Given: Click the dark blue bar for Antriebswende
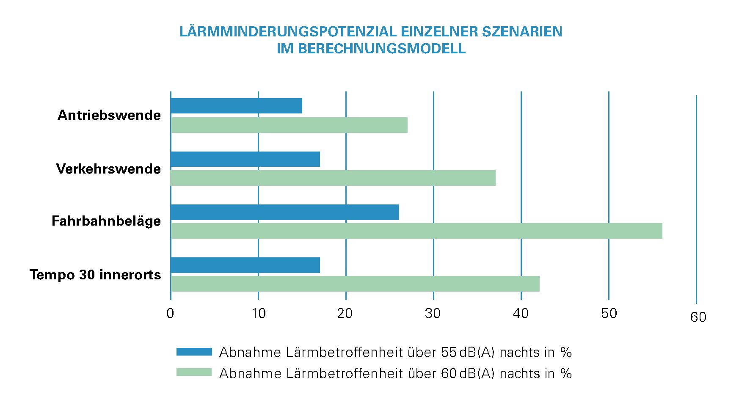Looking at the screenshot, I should point(236,106).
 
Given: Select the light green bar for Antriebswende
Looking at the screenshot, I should point(289,125).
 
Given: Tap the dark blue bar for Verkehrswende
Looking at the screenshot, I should point(245,159).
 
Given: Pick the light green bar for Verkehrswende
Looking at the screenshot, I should point(333,178).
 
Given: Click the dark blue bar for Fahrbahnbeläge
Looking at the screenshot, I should point(284,212).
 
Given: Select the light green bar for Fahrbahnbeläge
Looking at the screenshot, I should point(416,231).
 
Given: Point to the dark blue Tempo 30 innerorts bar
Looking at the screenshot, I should point(245,265).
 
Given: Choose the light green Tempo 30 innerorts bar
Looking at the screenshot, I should point(355,284).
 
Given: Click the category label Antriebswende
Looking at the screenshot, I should point(109,115).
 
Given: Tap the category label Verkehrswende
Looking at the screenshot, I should point(108,169).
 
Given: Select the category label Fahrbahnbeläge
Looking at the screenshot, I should point(106,221).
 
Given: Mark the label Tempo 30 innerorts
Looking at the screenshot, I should point(95,275).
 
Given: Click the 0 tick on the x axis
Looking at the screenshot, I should point(171,313).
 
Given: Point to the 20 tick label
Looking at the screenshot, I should point(345,313).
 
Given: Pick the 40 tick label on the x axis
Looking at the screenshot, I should point(521,313).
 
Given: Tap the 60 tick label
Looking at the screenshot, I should point(698,317).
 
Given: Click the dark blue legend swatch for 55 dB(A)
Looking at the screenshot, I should point(193,352).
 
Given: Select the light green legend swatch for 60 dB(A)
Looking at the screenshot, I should point(193,372).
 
